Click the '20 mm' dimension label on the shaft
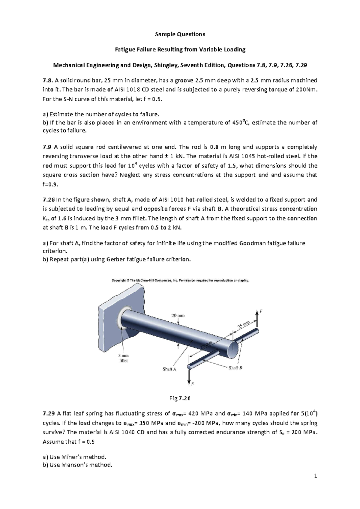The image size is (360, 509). point(178,315)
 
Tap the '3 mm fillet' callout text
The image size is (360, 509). point(124,358)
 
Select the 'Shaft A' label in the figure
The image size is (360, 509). point(169,369)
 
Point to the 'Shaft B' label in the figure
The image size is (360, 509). point(235,368)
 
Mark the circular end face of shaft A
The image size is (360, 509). point(232,349)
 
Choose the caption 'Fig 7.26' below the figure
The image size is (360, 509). point(180,398)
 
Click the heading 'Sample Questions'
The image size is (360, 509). point(180,34)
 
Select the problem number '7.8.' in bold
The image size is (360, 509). point(48,80)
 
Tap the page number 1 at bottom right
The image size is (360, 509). point(316,476)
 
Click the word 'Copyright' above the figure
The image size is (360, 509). point(119,281)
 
